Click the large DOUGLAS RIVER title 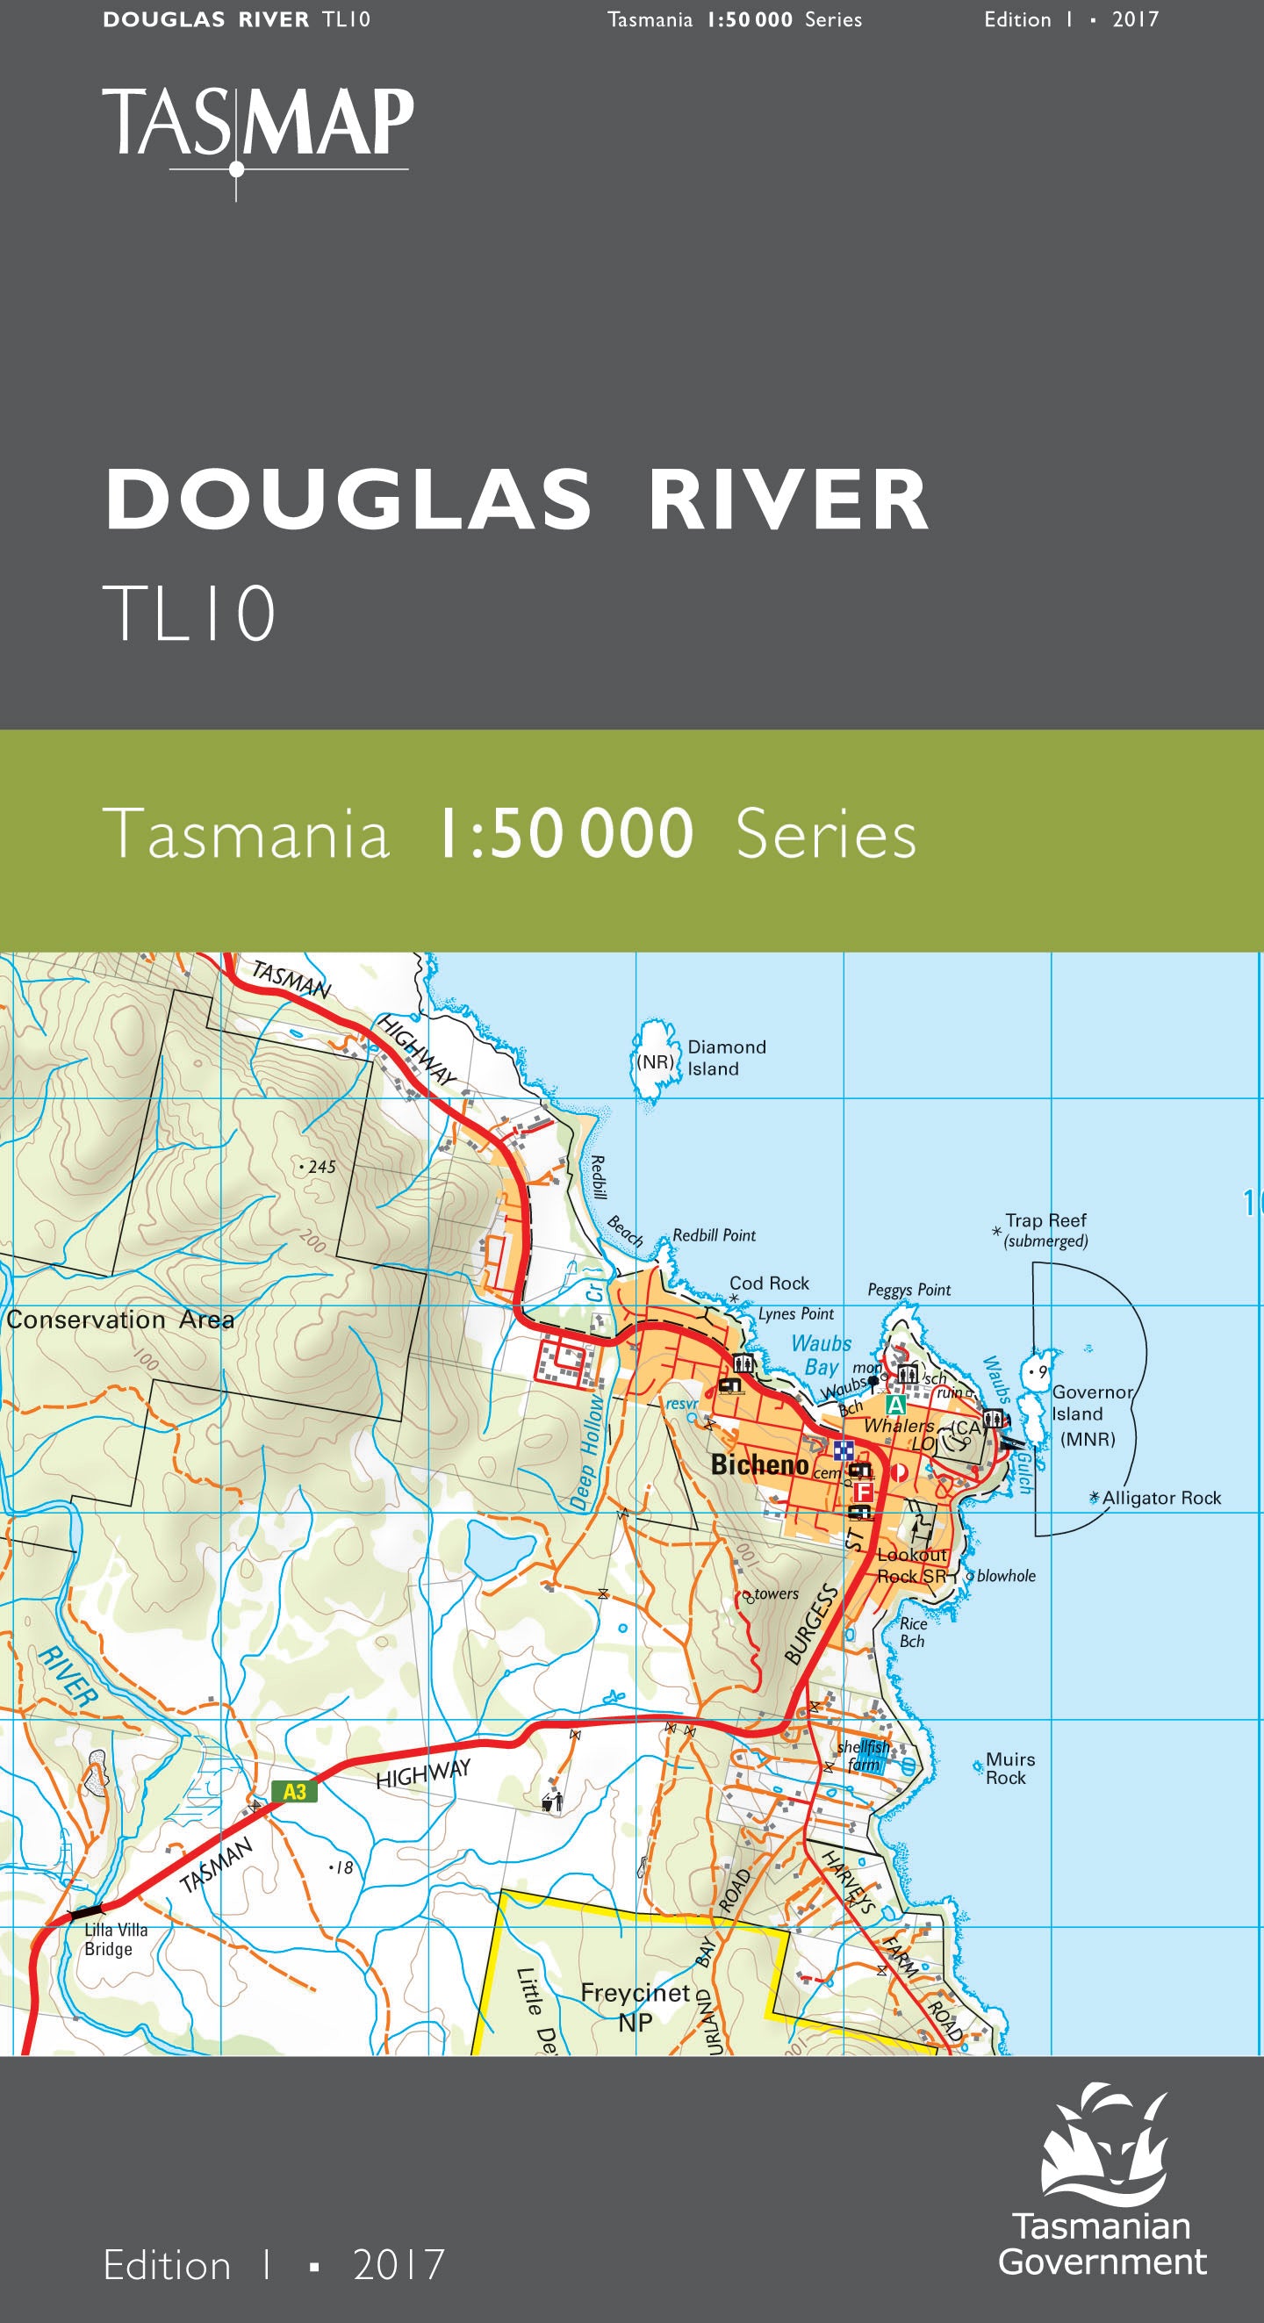click(x=516, y=500)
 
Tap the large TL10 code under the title click(x=190, y=613)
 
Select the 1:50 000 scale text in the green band click(x=565, y=834)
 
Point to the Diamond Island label click(x=726, y=1058)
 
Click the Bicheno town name click(x=759, y=1464)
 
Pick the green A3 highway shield click(x=295, y=1792)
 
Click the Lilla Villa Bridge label click(x=114, y=1938)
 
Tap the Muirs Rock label click(x=1009, y=1767)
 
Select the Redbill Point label click(x=714, y=1235)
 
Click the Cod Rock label click(x=769, y=1284)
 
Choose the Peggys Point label click(x=908, y=1291)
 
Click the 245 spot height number click(x=321, y=1167)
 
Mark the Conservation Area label click(x=120, y=1320)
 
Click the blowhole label click(x=1006, y=1575)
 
